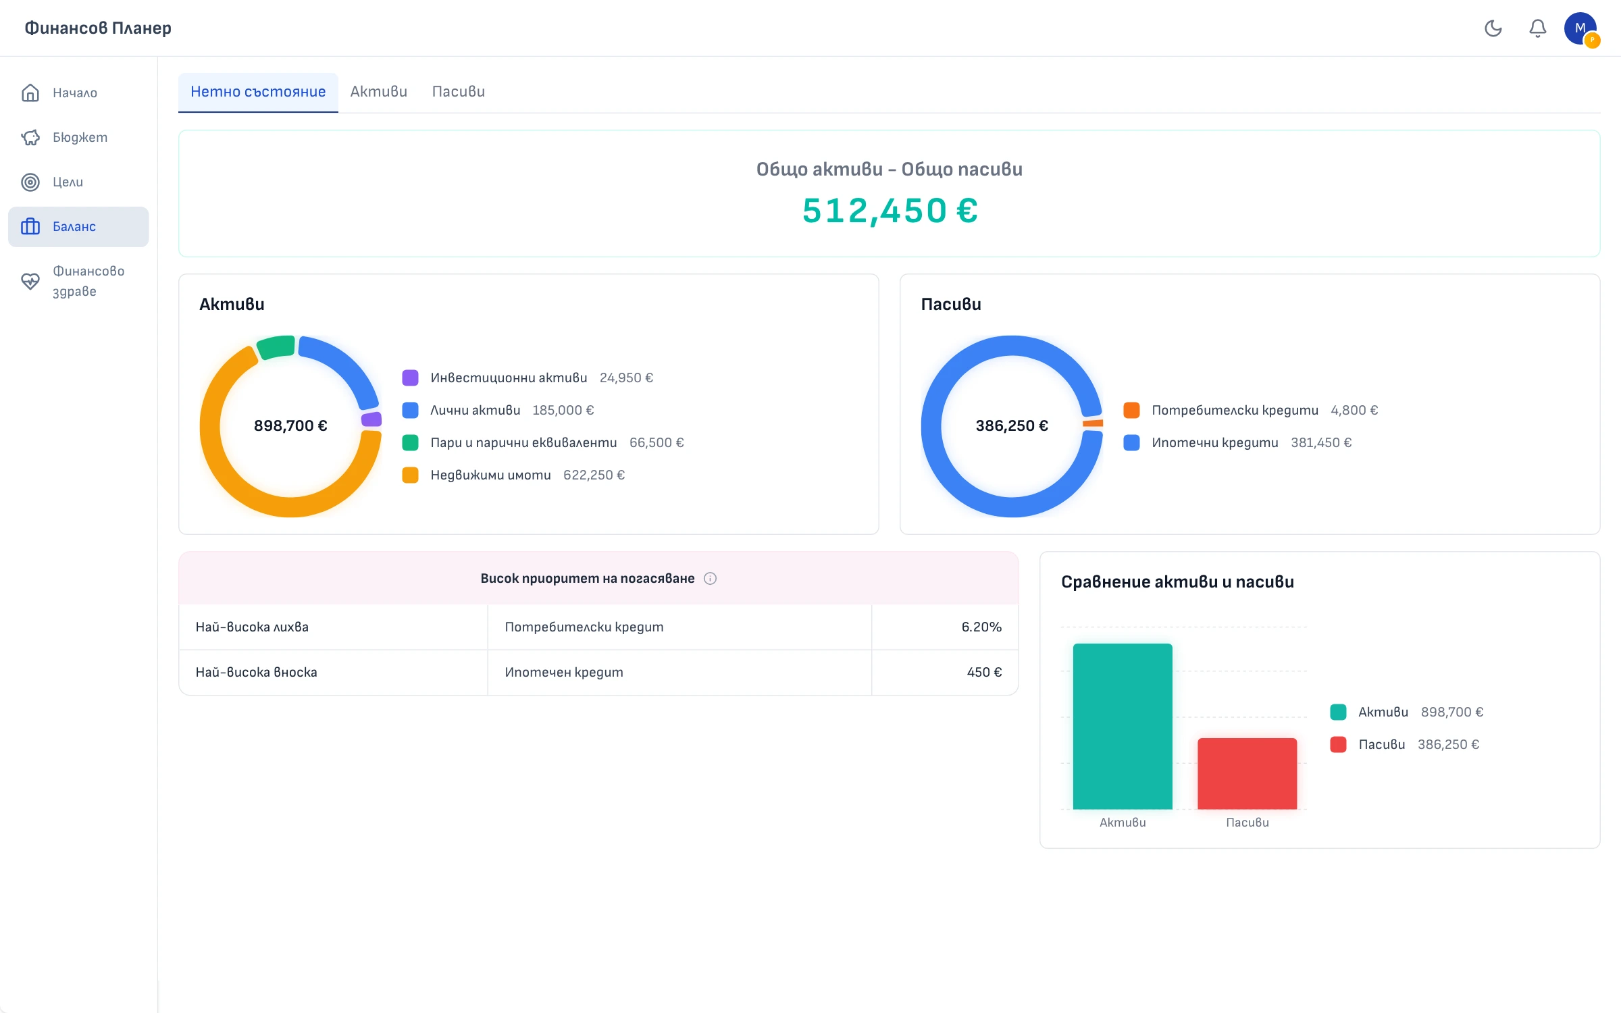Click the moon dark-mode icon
coord(1493,28)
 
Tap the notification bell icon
coord(1538,28)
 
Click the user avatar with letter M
coord(1580,28)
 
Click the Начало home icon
coord(30,93)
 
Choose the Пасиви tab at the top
coord(459,92)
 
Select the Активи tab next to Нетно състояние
coord(379,92)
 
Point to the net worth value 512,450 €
coord(890,211)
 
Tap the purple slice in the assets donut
coord(371,419)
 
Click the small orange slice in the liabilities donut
coord(1093,423)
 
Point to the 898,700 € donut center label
coord(290,426)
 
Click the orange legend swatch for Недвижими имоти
coord(410,475)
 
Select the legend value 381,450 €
coord(1321,443)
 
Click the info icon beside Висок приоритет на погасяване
coord(710,579)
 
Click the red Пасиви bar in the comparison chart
coord(1247,774)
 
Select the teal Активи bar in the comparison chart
coord(1123,727)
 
